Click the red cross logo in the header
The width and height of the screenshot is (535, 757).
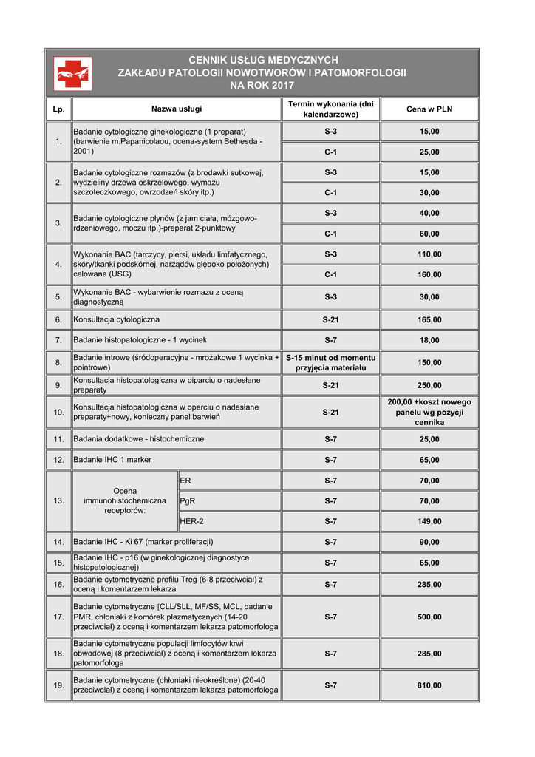pyautogui.click(x=73, y=73)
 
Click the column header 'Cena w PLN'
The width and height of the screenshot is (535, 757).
pyautogui.click(x=429, y=109)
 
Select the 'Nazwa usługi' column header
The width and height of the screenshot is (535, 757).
pyautogui.click(x=177, y=109)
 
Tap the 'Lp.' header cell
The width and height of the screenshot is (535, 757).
pyautogui.click(x=59, y=109)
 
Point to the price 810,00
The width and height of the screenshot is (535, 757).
pyautogui.click(x=429, y=685)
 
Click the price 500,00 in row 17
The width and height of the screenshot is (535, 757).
pyautogui.click(x=429, y=617)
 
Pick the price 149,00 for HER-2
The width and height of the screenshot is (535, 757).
pyautogui.click(x=429, y=521)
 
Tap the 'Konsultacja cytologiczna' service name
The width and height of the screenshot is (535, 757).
pyautogui.click(x=117, y=320)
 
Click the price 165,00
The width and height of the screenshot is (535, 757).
pyautogui.click(x=429, y=320)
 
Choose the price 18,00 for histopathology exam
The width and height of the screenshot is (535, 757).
pyautogui.click(x=429, y=340)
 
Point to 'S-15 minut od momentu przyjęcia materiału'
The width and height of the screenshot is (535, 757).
pyautogui.click(x=330, y=362)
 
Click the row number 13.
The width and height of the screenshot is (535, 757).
pyautogui.click(x=59, y=500)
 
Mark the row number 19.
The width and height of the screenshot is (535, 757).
pyautogui.click(x=59, y=685)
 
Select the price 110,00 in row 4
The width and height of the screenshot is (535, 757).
pyautogui.click(x=429, y=254)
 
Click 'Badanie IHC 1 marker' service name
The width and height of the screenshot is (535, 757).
pyautogui.click(x=113, y=460)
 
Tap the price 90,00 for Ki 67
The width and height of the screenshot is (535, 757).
pyautogui.click(x=429, y=542)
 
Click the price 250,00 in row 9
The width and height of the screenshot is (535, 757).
pyautogui.click(x=429, y=385)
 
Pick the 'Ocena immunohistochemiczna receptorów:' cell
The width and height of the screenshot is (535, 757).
pyautogui.click(x=125, y=500)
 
